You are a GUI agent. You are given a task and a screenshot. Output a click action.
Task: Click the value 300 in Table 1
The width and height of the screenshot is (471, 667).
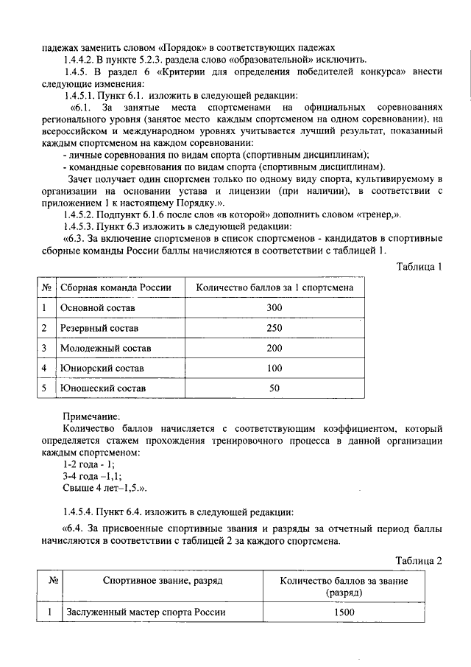point(275,307)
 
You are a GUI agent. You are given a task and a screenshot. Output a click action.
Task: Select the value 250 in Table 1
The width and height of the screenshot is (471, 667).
point(275,327)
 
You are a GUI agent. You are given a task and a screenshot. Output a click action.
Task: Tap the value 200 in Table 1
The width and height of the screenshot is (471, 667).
point(275,347)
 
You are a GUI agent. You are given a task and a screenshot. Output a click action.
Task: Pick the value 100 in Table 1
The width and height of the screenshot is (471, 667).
point(275,367)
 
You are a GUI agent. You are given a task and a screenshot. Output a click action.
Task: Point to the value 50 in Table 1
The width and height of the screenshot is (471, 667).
point(275,388)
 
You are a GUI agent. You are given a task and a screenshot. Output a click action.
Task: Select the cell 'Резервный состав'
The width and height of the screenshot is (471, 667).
point(99,327)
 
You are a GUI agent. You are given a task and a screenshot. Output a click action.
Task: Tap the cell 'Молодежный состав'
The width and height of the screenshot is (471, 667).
point(105,347)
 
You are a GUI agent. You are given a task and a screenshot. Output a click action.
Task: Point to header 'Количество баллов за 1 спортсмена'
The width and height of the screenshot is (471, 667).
point(275,287)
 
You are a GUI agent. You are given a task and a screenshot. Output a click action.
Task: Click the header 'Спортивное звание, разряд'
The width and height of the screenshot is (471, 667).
point(163,582)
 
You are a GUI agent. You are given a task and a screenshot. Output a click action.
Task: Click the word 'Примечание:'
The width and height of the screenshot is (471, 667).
point(91,416)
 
